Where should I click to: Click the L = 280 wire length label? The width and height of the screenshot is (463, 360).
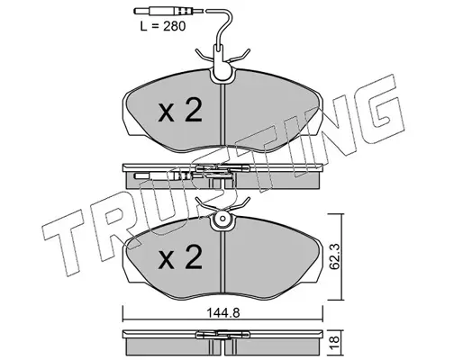click(163, 26)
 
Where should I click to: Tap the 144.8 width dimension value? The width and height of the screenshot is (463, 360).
click(223, 313)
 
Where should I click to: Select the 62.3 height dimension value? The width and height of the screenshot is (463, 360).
click(335, 256)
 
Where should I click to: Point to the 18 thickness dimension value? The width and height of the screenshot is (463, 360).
click(335, 340)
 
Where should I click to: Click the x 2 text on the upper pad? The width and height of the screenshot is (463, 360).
click(180, 110)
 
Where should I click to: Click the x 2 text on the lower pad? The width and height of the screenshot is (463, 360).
click(180, 256)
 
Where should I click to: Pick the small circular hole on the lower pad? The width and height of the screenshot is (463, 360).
click(222, 219)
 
